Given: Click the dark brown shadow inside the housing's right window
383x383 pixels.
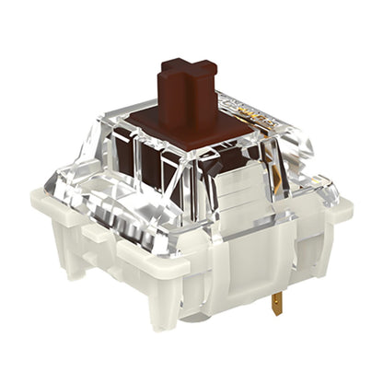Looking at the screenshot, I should coord(235,166).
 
